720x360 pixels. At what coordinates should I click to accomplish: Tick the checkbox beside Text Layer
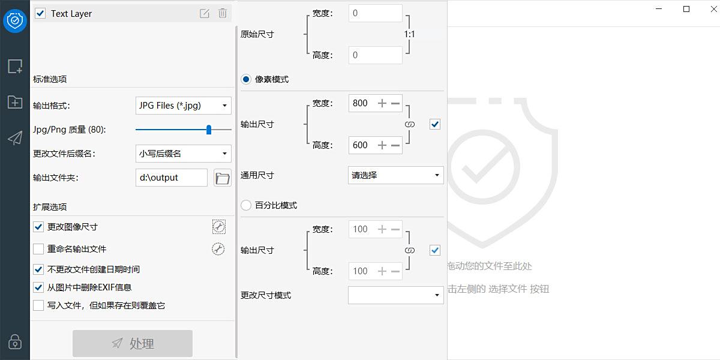click(x=40, y=13)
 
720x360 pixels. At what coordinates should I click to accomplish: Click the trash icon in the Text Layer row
click(x=223, y=13)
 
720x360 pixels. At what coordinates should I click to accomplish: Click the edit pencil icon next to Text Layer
click(x=205, y=13)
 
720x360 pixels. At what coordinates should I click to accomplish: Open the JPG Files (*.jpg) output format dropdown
click(x=183, y=106)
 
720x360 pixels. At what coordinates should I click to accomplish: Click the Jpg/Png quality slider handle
click(x=209, y=130)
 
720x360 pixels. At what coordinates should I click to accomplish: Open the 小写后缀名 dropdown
click(x=183, y=154)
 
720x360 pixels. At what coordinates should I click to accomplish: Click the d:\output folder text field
click(x=172, y=178)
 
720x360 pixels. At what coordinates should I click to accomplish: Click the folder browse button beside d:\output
click(x=223, y=178)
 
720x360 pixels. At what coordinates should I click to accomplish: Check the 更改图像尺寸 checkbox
click(x=38, y=227)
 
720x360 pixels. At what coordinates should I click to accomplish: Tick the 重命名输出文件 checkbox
click(x=38, y=249)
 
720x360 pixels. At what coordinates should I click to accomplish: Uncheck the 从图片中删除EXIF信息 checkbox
click(x=38, y=287)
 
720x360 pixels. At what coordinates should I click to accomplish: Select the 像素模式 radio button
click(x=246, y=79)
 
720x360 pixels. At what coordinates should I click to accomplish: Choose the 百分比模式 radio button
click(x=246, y=205)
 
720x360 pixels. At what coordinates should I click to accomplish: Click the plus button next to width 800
click(x=382, y=103)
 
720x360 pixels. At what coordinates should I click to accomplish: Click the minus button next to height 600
click(x=395, y=145)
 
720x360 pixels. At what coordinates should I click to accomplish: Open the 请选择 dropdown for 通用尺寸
click(x=395, y=175)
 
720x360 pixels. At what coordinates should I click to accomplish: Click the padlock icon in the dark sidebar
click(x=15, y=341)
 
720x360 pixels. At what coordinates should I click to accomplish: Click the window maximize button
click(x=686, y=9)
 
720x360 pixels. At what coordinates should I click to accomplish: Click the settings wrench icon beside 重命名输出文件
click(x=218, y=249)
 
